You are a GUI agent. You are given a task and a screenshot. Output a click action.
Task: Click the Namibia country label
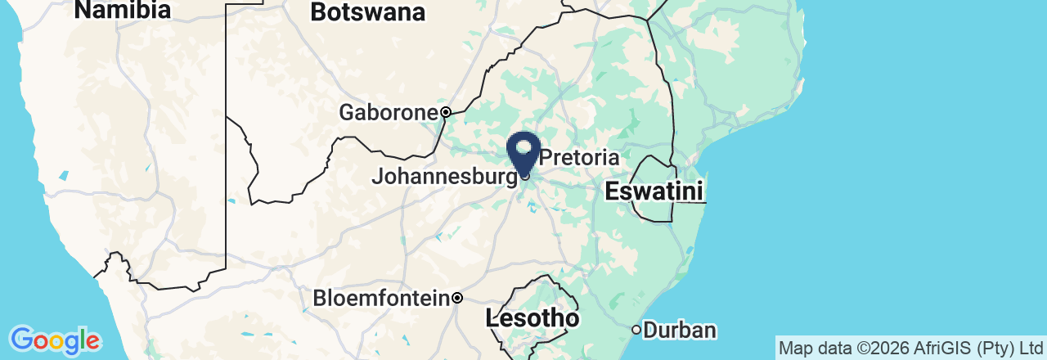point(122,10)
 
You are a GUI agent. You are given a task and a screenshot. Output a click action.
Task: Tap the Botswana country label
point(368,12)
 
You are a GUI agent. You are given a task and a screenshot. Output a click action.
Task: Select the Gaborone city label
point(389,112)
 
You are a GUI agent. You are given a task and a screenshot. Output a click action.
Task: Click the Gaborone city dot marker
point(446,112)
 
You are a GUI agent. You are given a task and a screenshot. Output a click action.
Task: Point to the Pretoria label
point(579,157)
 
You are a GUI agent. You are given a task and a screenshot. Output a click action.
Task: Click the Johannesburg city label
point(444,176)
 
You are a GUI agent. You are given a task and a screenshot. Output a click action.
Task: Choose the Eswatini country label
point(654,192)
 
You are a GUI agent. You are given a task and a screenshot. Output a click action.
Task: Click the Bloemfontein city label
point(382,298)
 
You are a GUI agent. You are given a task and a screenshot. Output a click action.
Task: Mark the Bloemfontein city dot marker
point(458,298)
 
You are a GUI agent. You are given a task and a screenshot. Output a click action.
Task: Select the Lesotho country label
point(532,317)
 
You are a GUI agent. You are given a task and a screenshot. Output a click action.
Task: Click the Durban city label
point(680,331)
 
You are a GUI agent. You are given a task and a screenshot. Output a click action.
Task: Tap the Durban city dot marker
point(636,330)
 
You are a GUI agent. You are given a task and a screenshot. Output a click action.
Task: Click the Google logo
point(55,340)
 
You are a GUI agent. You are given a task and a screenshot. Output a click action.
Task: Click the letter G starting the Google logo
point(21,339)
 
